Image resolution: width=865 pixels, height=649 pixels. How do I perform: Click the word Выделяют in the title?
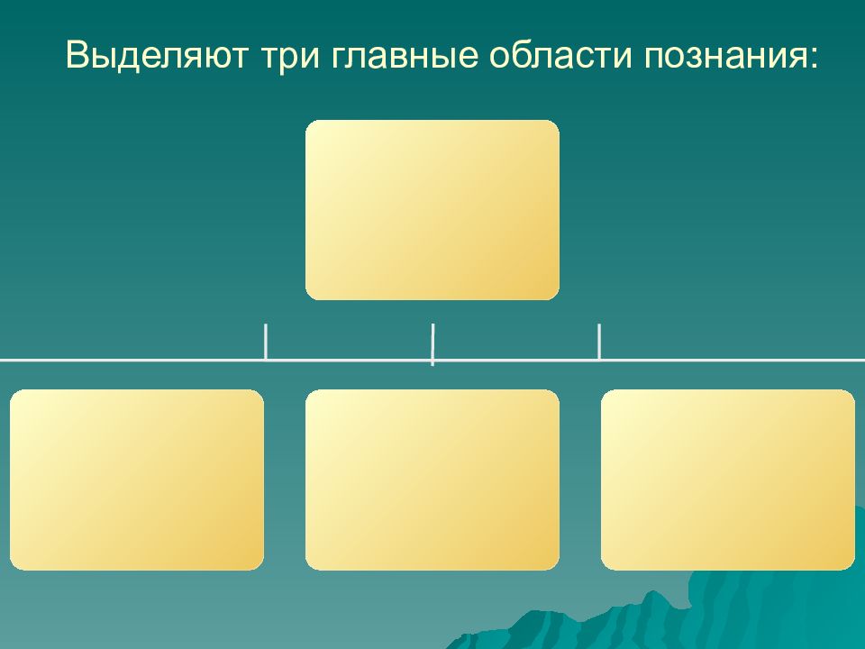(157, 55)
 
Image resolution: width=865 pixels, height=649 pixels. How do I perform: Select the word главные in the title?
(405, 55)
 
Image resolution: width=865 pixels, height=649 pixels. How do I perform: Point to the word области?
(560, 54)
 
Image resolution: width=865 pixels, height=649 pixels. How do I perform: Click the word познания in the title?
(722, 56)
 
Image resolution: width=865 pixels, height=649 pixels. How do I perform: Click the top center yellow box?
(432, 210)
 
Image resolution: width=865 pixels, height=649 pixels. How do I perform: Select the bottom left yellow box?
(137, 480)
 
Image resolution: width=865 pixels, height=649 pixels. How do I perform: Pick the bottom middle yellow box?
(432, 480)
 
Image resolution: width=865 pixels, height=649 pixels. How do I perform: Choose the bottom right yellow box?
(728, 480)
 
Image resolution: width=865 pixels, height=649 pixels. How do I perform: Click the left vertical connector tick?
(266, 343)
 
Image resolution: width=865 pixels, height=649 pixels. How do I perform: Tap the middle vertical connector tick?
(432, 344)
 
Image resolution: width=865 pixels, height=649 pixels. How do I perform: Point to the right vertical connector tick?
(599, 343)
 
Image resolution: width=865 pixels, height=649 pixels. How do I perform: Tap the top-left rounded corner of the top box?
(309, 124)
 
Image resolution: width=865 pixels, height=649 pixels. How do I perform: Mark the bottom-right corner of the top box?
(555, 296)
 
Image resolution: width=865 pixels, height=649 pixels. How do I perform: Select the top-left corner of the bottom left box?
(14, 394)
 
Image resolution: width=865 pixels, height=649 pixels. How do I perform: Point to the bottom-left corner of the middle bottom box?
(309, 566)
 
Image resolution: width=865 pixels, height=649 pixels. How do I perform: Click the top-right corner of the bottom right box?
(851, 394)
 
